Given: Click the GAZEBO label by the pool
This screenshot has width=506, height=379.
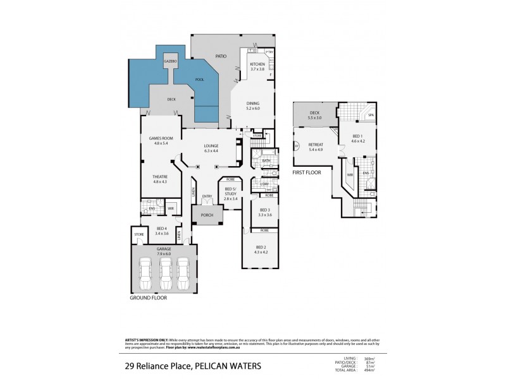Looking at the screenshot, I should pos(171,61).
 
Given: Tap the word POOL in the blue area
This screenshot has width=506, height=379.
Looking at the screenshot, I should pos(199,80).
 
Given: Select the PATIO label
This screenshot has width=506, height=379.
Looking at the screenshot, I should pos(221,56).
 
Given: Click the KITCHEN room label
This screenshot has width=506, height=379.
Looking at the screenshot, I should pos(257,64).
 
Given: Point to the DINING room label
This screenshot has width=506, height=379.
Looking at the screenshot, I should pos(253,104).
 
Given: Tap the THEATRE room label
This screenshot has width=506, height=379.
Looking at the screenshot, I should pos(161,177).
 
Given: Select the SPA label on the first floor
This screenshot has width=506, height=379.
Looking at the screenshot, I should pos(371,116).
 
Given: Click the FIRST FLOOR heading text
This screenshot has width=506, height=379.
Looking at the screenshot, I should pos(307,172).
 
